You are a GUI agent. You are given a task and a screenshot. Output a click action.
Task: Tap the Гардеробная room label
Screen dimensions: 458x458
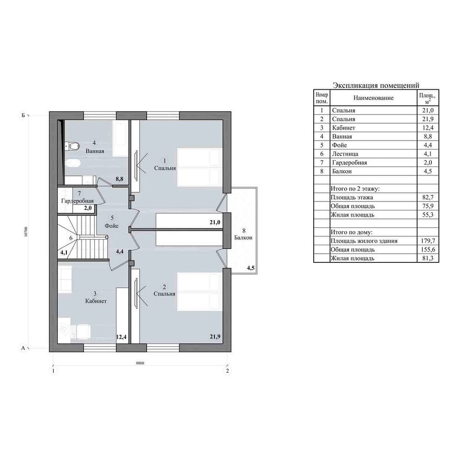(77, 201)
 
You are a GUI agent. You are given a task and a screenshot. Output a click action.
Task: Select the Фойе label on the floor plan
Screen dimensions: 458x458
(112, 226)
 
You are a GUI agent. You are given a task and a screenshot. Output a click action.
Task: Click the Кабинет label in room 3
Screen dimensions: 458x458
(96, 301)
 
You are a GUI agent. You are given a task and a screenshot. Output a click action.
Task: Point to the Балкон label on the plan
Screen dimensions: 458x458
(243, 238)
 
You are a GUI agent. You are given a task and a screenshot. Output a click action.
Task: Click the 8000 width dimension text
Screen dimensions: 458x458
(140, 363)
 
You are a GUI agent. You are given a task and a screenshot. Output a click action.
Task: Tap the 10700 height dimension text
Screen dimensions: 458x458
(26, 232)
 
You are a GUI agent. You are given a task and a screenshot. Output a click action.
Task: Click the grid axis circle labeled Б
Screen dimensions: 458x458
(23, 115)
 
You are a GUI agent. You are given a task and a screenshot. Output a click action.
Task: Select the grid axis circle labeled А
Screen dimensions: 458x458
(23, 348)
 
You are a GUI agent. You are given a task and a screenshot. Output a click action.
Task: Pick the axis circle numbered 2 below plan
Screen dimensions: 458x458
(227, 371)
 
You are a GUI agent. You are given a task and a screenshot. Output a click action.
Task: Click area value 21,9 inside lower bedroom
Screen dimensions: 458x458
(215, 337)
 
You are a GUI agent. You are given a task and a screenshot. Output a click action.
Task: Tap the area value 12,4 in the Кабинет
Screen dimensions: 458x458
(121, 337)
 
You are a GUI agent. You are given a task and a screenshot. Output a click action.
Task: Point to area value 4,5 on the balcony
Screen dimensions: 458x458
(251, 268)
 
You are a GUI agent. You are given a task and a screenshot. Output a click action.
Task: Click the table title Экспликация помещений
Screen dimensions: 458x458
(376, 85)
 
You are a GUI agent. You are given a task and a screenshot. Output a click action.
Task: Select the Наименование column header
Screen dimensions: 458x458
(373, 98)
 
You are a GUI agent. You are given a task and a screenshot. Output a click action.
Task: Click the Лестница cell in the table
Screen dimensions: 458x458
(345, 154)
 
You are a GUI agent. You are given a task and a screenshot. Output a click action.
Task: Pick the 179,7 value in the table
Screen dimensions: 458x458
(428, 241)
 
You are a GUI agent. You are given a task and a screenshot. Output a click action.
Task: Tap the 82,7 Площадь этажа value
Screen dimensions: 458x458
(428, 197)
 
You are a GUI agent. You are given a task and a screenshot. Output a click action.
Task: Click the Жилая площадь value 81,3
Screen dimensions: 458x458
(428, 258)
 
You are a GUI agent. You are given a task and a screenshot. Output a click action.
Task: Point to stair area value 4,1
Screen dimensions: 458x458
(64, 252)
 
